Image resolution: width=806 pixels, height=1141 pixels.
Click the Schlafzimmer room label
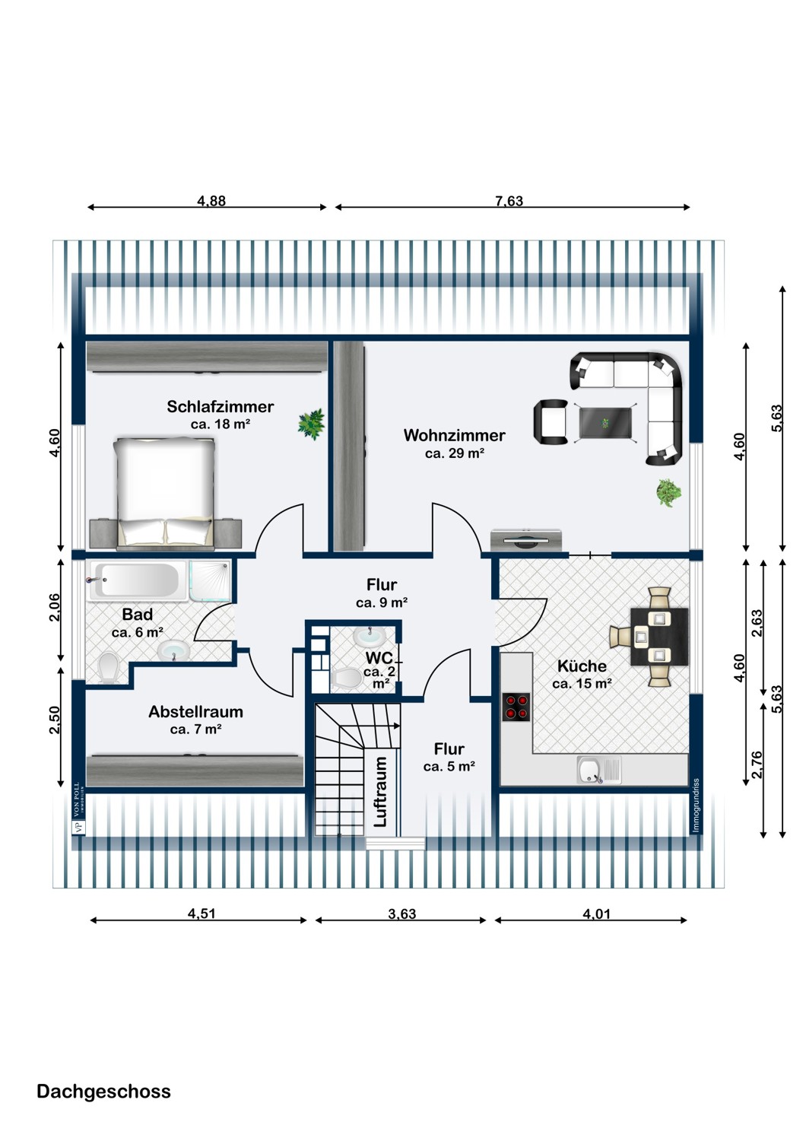pyautogui.click(x=220, y=407)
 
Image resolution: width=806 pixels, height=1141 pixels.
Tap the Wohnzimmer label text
pyautogui.click(x=454, y=436)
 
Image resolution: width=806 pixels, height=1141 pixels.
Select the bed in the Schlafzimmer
pyautogui.click(x=165, y=491)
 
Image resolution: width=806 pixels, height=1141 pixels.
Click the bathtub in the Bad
pyautogui.click(x=136, y=581)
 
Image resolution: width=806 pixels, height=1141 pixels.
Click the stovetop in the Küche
pyautogui.click(x=516, y=707)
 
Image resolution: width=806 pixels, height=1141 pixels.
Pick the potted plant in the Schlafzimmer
pyautogui.click(x=311, y=424)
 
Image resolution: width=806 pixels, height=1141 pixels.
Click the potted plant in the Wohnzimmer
pyautogui.click(x=668, y=492)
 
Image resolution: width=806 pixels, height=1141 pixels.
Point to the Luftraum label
pyautogui.click(x=381, y=791)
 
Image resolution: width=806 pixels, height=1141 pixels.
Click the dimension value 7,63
pyautogui.click(x=509, y=201)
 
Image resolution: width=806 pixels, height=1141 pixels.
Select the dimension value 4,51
pyautogui.click(x=201, y=914)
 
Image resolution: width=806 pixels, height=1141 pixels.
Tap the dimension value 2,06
pyautogui.click(x=55, y=607)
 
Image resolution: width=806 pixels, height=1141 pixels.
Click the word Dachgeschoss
pyautogui.click(x=103, y=1092)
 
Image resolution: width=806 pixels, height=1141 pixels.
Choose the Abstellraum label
pyautogui.click(x=195, y=712)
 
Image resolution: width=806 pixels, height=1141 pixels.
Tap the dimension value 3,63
pyautogui.click(x=401, y=914)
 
